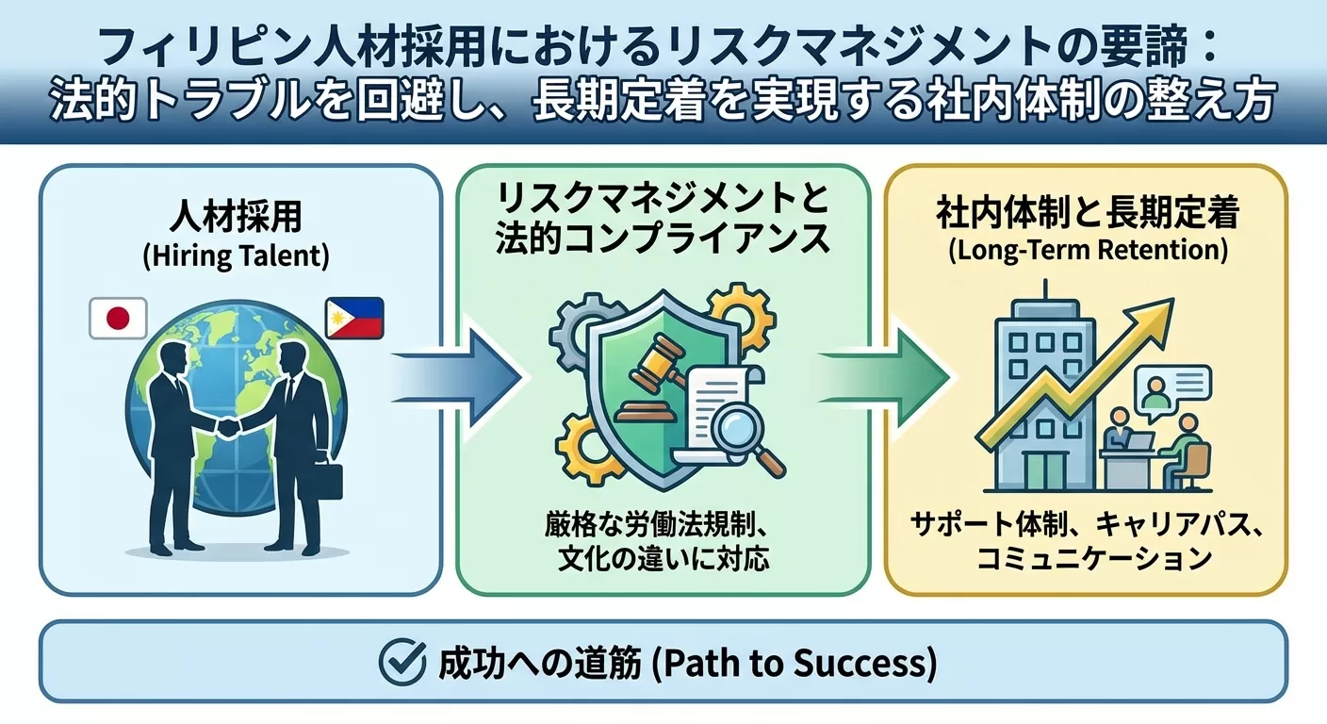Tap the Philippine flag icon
click(x=353, y=318)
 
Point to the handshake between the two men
click(x=229, y=427)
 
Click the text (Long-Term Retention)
click(x=1086, y=252)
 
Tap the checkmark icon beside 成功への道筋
click(x=402, y=664)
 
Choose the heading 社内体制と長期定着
click(x=1087, y=214)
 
